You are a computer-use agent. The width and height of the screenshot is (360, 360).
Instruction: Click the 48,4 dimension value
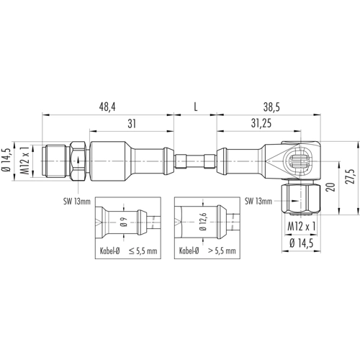[107, 107]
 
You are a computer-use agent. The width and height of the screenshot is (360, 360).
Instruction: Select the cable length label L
[196, 107]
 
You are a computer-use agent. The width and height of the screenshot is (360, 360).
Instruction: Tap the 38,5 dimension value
[271, 107]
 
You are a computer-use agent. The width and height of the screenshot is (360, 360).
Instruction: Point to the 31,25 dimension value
[261, 123]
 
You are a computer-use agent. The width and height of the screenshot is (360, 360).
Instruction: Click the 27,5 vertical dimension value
[351, 176]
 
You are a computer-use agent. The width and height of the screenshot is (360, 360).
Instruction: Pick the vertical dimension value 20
[331, 187]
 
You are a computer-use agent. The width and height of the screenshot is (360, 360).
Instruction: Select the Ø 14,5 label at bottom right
[302, 243]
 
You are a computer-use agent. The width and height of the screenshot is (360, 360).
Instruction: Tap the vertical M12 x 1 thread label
[24, 160]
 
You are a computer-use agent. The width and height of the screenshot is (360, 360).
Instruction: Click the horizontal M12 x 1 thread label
[302, 226]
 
